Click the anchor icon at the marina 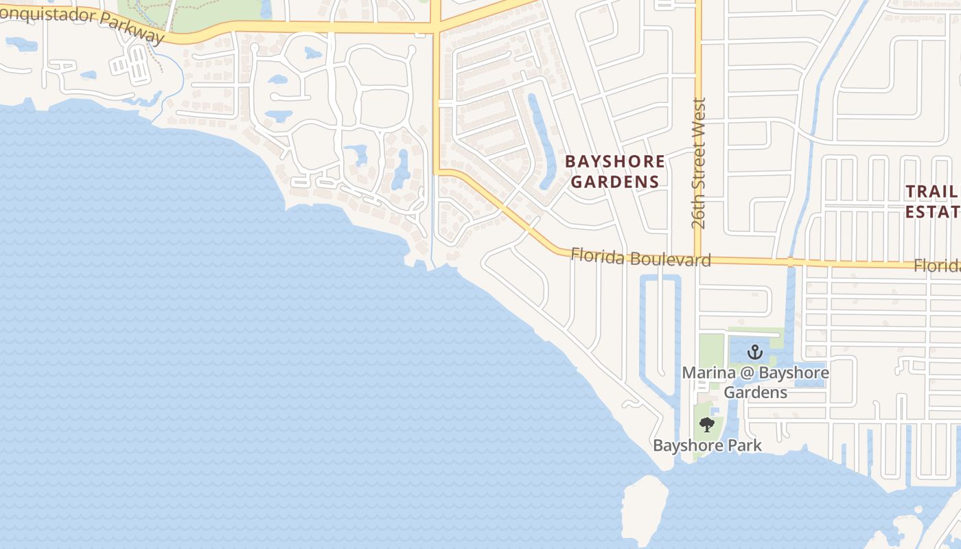pyautogui.click(x=755, y=352)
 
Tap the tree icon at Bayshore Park pyautogui.click(x=707, y=425)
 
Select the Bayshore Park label pyautogui.click(x=707, y=445)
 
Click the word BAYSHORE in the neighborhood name pyautogui.click(x=614, y=162)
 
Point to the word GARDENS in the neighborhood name pyautogui.click(x=615, y=182)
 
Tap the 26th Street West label pyautogui.click(x=699, y=163)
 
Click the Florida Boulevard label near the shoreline pyautogui.click(x=640, y=258)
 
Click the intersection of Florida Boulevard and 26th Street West pyautogui.click(x=698, y=261)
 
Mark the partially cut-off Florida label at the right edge pyautogui.click(x=938, y=266)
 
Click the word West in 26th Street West pyautogui.click(x=699, y=116)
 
